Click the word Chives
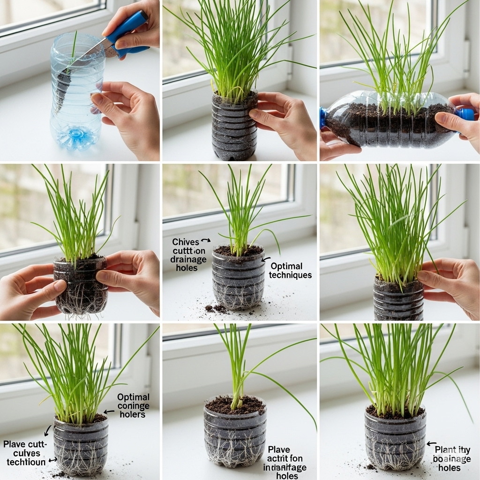tap(185, 242)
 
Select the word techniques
tap(290, 275)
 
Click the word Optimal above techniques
tap(286, 266)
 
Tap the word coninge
tap(134, 406)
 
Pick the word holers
tap(132, 414)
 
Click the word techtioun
tap(26, 462)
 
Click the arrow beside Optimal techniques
tap(265, 259)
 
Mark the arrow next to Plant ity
tap(431, 443)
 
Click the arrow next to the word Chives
tap(205, 241)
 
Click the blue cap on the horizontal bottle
tap(465, 114)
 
